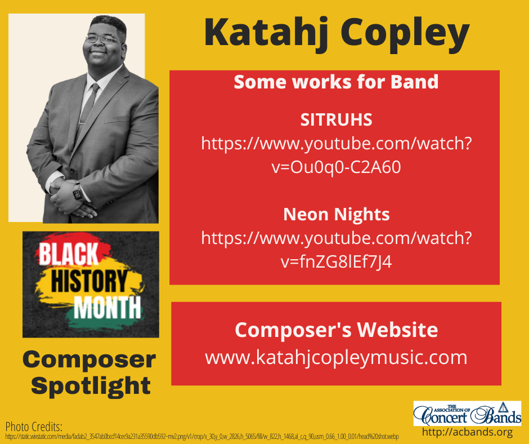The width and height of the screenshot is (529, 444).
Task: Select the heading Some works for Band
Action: [x=336, y=82]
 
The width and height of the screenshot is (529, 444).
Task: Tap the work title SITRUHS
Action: [x=337, y=120]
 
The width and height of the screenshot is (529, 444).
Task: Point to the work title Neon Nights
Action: [x=337, y=214]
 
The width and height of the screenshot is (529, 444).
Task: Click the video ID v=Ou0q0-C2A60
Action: [x=336, y=168]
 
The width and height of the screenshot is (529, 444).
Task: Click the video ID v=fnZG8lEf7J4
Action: [x=336, y=262]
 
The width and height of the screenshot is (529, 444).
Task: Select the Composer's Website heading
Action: [x=336, y=330]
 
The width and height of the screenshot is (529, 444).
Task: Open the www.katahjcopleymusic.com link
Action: [x=336, y=357]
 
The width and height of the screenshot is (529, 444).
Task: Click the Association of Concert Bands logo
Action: [x=467, y=413]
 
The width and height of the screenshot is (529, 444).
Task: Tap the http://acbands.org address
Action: [x=467, y=433]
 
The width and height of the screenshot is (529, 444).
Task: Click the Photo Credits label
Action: [x=33, y=425]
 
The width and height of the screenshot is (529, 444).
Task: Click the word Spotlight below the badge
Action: [x=90, y=386]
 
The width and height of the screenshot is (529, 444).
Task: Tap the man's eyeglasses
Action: [x=104, y=40]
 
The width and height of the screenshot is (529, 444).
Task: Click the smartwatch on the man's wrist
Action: [x=78, y=193]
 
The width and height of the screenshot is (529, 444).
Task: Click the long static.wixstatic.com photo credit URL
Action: [x=202, y=437]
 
